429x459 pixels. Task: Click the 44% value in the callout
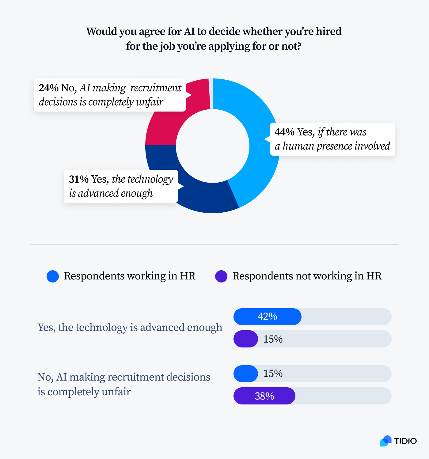click(284, 132)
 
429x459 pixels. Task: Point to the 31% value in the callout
click(78, 179)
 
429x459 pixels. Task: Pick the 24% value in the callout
click(48, 88)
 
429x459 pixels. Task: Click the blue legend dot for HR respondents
click(53, 276)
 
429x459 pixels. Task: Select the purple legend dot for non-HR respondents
click(221, 276)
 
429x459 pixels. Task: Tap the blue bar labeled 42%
click(267, 317)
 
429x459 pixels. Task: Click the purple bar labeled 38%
click(264, 396)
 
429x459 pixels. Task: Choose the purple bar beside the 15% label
click(246, 339)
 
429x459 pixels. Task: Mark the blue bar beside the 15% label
click(246, 374)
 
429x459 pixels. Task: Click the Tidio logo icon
click(386, 441)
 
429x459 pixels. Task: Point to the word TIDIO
click(405, 441)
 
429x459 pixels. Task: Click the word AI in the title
click(190, 32)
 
